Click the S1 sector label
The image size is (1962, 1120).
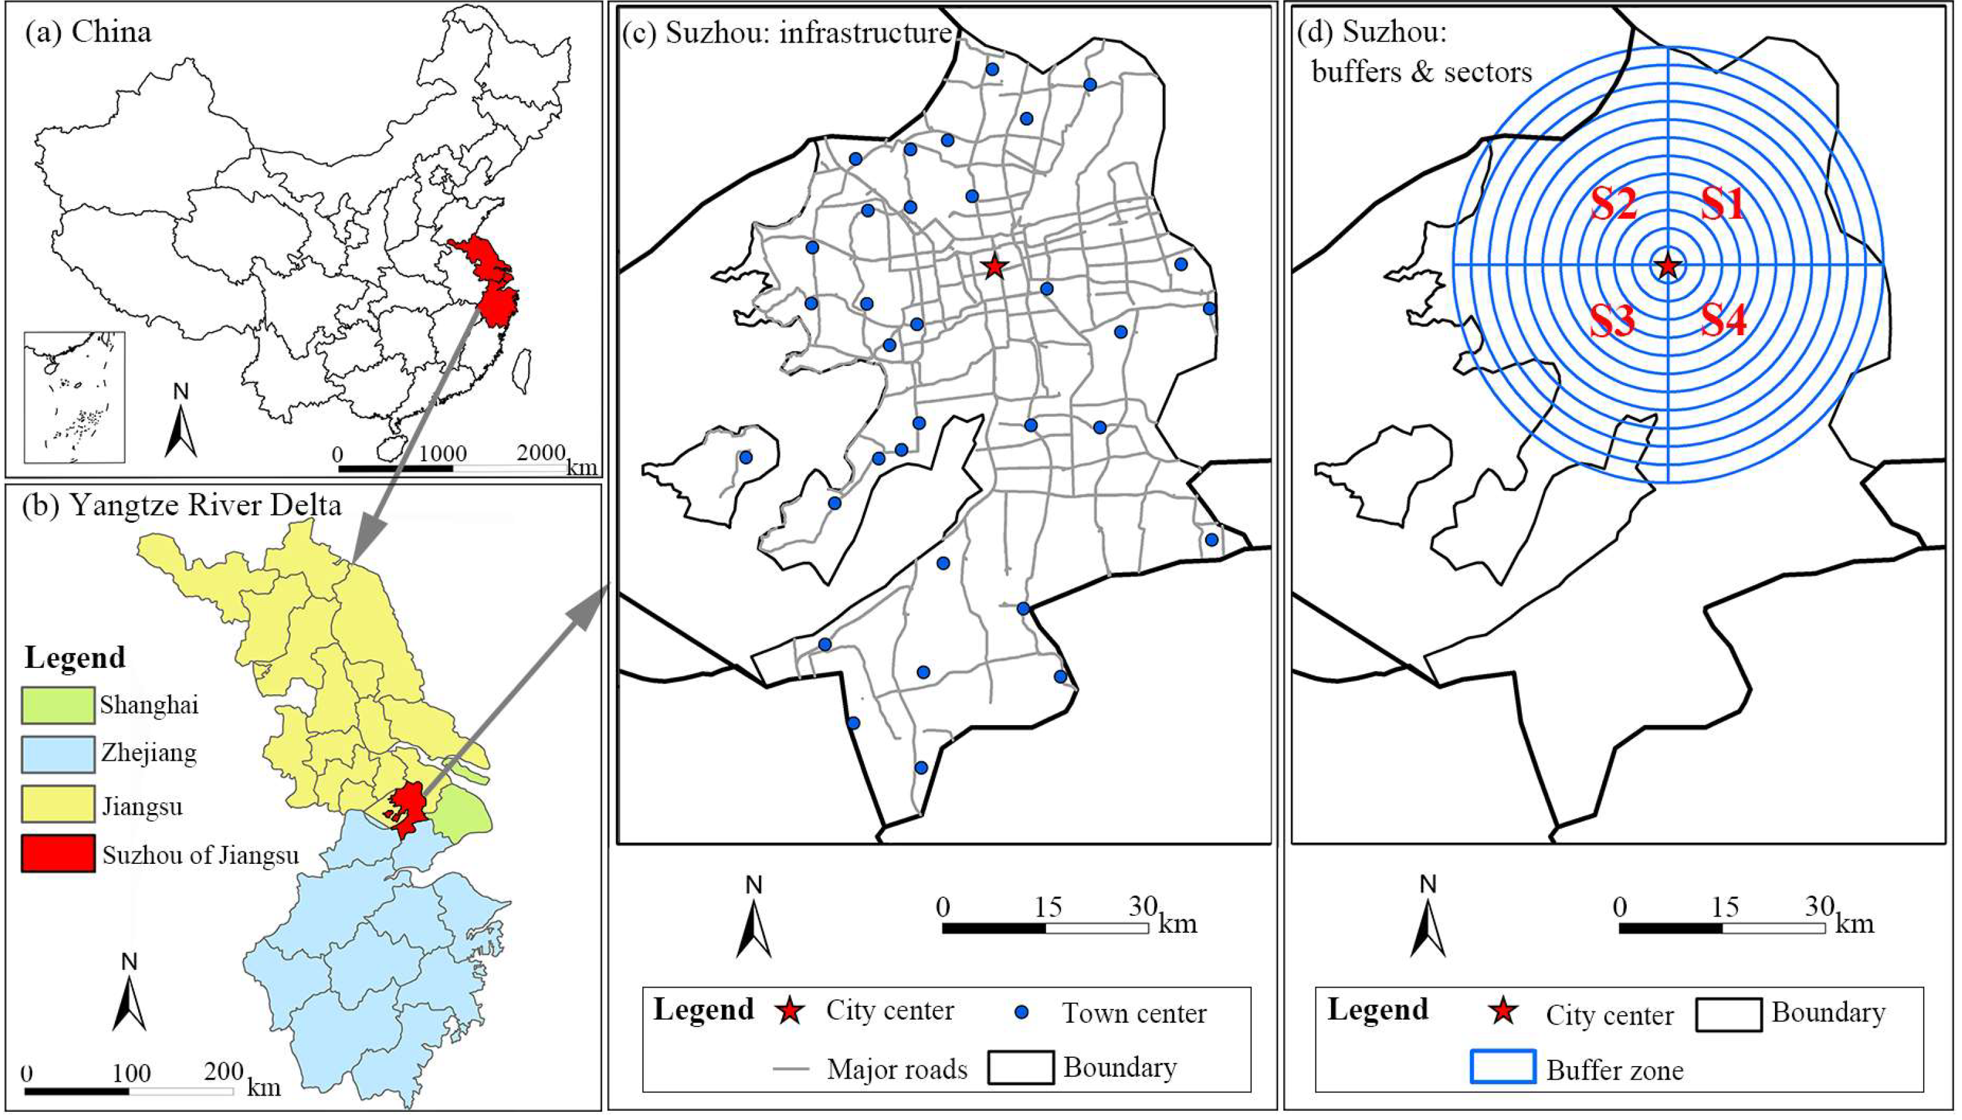(1722, 205)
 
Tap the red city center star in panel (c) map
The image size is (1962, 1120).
(994, 267)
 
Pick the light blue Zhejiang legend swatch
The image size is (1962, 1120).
(58, 755)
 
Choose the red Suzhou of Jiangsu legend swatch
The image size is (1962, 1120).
(58, 853)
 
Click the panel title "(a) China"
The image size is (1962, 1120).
(89, 32)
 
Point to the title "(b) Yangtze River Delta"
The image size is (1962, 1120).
(181, 505)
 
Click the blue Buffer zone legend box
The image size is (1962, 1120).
(1503, 1066)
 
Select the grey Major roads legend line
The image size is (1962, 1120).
(790, 1069)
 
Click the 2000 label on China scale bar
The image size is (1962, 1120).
(541, 453)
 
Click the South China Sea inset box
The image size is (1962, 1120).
(74, 397)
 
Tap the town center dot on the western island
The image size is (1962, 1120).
(745, 457)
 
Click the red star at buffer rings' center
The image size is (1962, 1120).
(1668, 266)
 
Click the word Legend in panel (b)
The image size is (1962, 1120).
(75, 658)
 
